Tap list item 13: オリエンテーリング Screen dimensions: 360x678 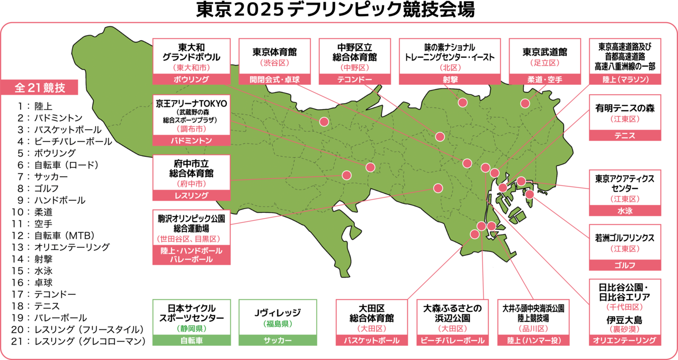click(72, 247)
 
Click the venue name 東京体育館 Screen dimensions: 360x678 click(274, 52)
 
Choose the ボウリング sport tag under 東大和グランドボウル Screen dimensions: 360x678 click(191, 79)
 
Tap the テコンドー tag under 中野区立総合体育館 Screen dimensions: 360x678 click(354, 79)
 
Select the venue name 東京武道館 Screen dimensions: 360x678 click(545, 52)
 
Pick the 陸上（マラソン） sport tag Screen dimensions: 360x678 click(625, 79)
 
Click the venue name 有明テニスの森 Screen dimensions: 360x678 click(625, 108)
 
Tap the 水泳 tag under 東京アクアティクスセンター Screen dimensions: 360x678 click(625, 211)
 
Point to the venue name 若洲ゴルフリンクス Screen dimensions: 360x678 click(625, 238)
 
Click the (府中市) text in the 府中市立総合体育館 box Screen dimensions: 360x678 click(191, 184)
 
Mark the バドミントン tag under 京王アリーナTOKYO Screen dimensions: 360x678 click(191, 141)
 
